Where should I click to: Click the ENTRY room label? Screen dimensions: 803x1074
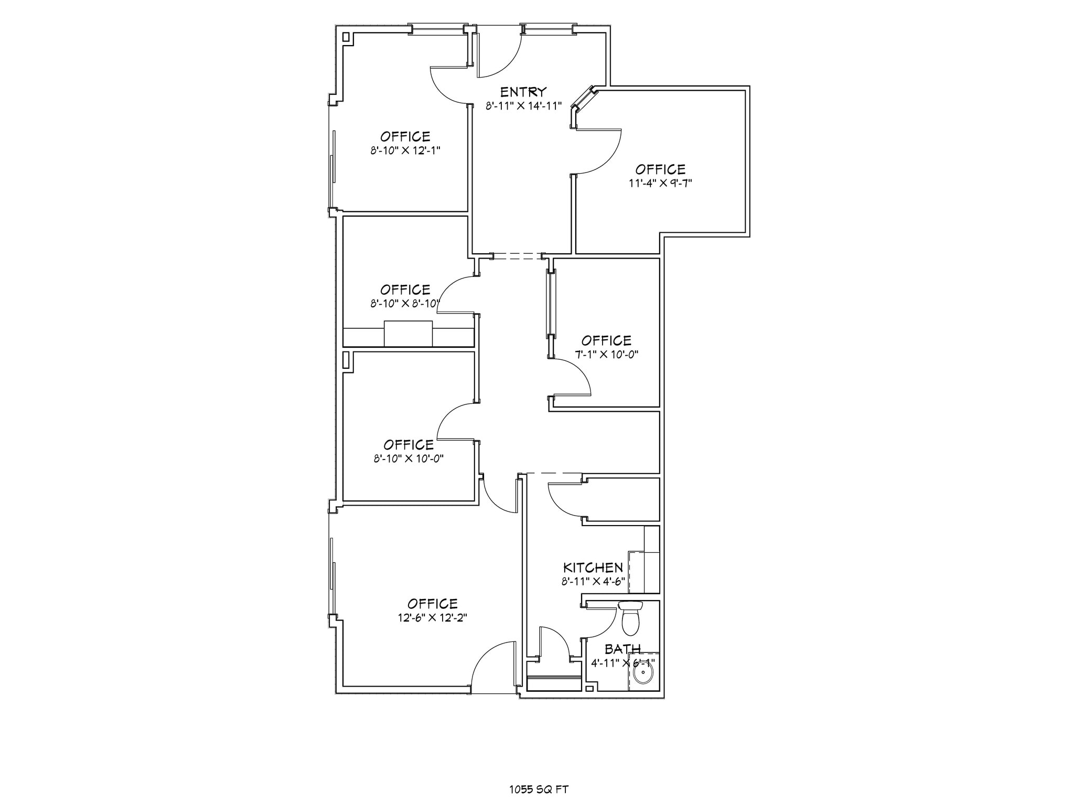pyautogui.click(x=523, y=92)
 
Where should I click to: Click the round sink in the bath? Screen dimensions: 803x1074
pyautogui.click(x=642, y=672)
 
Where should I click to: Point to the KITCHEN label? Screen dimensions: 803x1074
pyautogui.click(x=593, y=568)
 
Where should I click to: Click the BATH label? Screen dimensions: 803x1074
pyautogui.click(x=622, y=649)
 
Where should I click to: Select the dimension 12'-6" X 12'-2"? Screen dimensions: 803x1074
pyautogui.click(x=432, y=618)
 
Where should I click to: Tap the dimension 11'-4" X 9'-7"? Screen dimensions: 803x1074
pyautogui.click(x=660, y=183)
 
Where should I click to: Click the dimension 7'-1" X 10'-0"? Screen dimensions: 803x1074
pyautogui.click(x=606, y=354)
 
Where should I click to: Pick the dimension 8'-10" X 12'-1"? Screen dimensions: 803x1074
pyautogui.click(x=405, y=151)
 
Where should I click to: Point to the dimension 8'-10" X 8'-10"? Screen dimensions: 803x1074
pyautogui.click(x=404, y=304)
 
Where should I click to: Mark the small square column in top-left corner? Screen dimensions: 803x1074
pyautogui.click(x=346, y=37)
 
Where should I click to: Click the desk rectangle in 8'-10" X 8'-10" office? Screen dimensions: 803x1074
pyautogui.click(x=408, y=334)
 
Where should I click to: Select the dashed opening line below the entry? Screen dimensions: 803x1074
pyautogui.click(x=517, y=256)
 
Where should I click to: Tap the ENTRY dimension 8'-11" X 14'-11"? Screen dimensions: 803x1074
pyautogui.click(x=523, y=106)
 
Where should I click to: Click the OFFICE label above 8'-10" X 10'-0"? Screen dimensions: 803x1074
pyautogui.click(x=409, y=445)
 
